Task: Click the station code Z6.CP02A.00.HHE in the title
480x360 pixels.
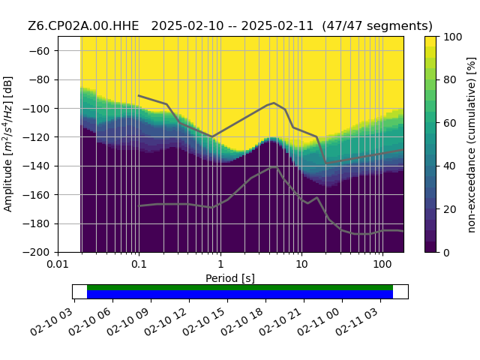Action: click(x=83, y=25)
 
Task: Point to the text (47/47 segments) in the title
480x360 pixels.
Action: click(x=377, y=26)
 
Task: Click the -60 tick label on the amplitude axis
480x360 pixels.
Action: click(x=39, y=51)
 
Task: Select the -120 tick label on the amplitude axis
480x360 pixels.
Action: click(x=37, y=137)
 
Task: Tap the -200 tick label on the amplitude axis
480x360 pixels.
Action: click(x=37, y=253)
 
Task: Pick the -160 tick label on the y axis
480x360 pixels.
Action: click(x=37, y=195)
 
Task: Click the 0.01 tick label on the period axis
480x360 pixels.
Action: click(x=58, y=264)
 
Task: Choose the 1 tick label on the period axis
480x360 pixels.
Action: click(x=220, y=264)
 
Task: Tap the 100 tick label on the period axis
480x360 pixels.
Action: click(x=382, y=264)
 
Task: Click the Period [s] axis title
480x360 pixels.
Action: click(x=230, y=278)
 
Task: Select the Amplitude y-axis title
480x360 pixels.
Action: click(x=8, y=144)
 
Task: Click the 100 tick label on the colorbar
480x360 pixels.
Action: click(x=453, y=37)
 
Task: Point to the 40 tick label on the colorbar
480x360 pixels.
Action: click(x=450, y=166)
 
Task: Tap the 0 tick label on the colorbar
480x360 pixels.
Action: click(x=447, y=253)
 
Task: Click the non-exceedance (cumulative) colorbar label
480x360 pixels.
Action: click(x=472, y=145)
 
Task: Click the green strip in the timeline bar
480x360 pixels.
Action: click(x=240, y=287)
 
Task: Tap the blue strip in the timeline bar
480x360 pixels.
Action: click(x=240, y=295)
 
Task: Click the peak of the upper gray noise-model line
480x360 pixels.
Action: click(x=274, y=103)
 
